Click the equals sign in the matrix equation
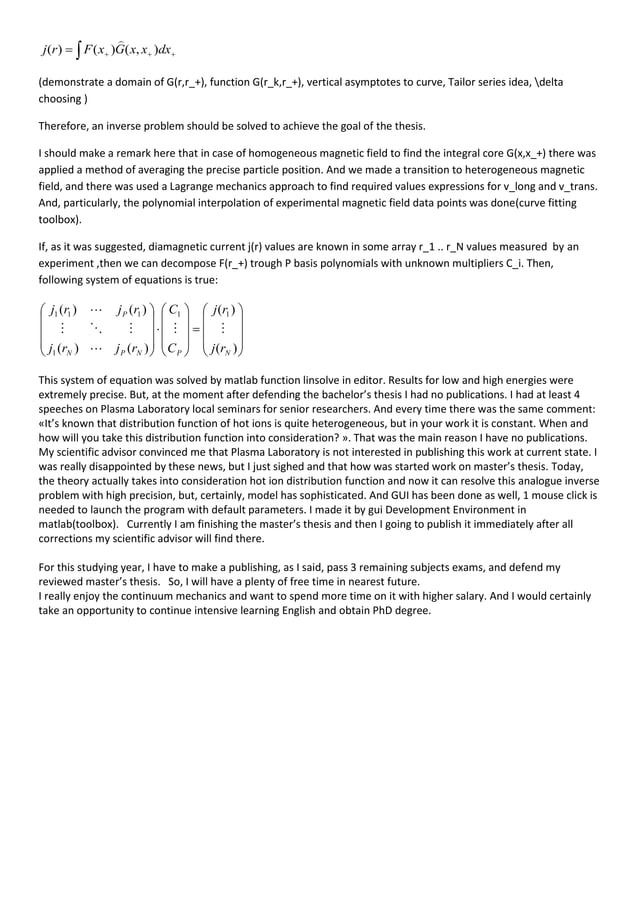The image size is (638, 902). [x=195, y=327]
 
